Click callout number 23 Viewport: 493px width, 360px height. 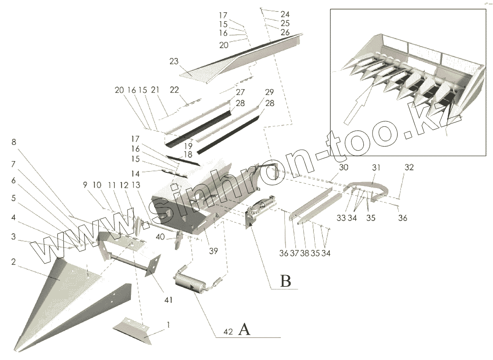[174, 61]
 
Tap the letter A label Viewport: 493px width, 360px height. [244, 329]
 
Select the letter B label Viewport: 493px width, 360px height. [286, 281]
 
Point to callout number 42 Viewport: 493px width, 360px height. [228, 333]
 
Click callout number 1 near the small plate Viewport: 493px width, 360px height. [169, 325]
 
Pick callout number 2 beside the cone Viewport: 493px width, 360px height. [14, 262]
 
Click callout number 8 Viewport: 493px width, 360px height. [14, 142]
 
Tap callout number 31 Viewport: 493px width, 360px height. [376, 167]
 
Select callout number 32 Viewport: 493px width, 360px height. [409, 167]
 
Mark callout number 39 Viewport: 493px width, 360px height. [213, 251]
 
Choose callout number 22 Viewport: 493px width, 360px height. [174, 90]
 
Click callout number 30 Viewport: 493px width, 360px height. [344, 167]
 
